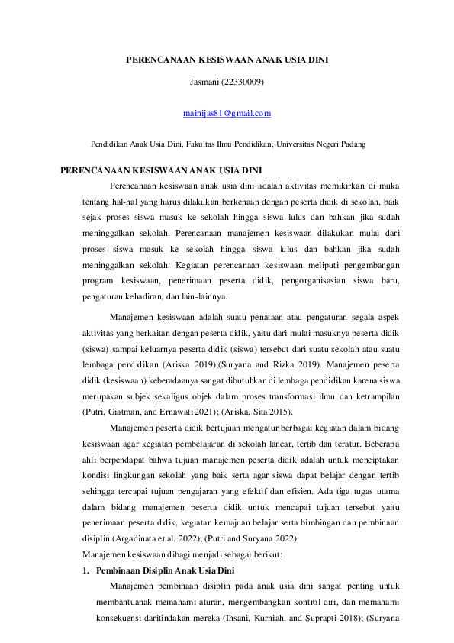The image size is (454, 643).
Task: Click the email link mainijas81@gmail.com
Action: click(x=227, y=114)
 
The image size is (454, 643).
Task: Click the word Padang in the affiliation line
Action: click(x=352, y=143)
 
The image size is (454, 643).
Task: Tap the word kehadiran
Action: click(x=144, y=298)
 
